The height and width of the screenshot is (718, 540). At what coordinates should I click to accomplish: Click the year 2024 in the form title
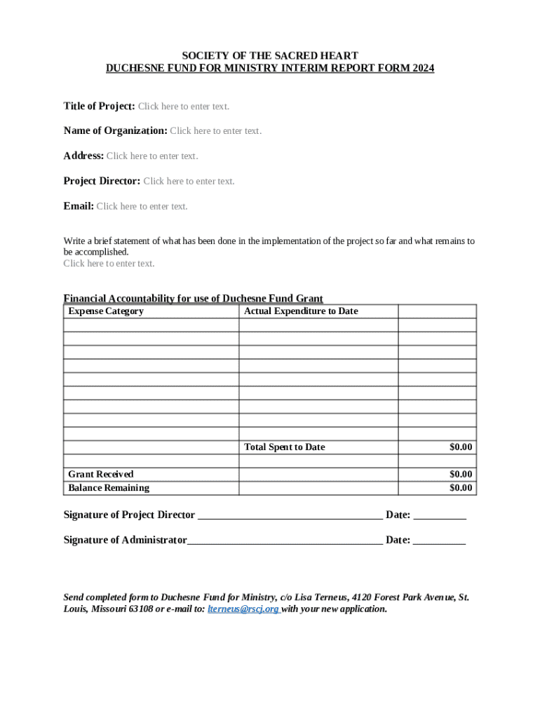point(423,68)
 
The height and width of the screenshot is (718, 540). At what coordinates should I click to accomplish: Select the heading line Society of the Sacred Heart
point(270,55)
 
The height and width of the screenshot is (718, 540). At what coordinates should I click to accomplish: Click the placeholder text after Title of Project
point(183,107)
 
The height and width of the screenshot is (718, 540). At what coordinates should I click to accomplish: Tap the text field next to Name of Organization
point(215,131)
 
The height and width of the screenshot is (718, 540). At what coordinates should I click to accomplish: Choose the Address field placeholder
point(152,156)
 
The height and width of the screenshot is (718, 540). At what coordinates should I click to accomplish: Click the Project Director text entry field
point(189,182)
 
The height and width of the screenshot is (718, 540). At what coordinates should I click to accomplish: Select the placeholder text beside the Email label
point(142,206)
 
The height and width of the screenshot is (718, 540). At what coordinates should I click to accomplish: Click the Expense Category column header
point(106,311)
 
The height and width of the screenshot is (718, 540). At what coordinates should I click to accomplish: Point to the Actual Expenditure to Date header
point(300,311)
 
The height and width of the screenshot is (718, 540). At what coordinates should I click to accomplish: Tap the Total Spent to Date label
point(284,447)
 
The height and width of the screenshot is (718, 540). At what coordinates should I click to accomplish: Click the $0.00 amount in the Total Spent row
point(461,447)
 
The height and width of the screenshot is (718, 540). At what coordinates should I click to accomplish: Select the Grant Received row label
point(100,475)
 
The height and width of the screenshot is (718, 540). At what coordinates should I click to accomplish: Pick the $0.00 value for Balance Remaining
point(461,488)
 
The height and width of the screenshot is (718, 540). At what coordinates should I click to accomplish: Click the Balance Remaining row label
point(109,488)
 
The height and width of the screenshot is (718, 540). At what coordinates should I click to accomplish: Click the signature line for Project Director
point(290,516)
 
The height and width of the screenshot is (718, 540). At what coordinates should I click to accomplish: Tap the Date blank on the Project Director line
point(440,516)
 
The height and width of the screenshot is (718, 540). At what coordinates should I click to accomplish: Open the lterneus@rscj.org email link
point(243,609)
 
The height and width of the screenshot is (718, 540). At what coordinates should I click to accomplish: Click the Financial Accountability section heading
point(193,298)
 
